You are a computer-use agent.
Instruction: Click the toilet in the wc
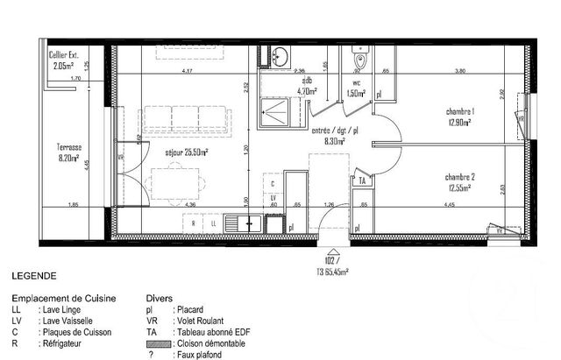[358, 59]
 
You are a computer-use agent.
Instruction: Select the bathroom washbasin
[276, 57]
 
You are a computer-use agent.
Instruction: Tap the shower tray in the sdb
[280, 114]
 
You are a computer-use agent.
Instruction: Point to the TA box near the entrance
[361, 180]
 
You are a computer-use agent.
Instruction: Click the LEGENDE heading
[34, 274]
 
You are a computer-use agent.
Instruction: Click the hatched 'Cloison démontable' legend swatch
[158, 343]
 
